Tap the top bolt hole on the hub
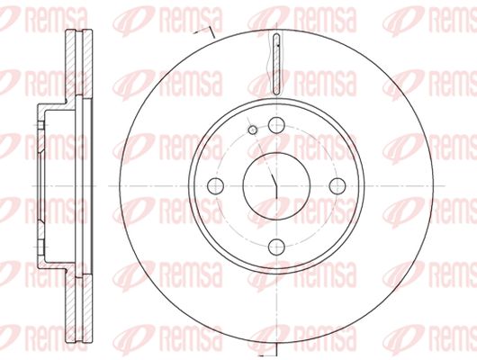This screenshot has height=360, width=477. point(276,125)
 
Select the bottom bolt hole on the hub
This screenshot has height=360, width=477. point(276,247)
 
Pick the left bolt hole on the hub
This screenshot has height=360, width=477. point(215,185)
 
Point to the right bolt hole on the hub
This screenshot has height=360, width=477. point(337,185)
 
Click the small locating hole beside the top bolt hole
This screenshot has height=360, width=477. point(253,130)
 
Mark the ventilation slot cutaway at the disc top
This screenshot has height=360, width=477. point(276,64)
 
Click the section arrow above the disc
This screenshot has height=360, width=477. point(204,32)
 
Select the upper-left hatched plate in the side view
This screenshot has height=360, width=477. point(70,63)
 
